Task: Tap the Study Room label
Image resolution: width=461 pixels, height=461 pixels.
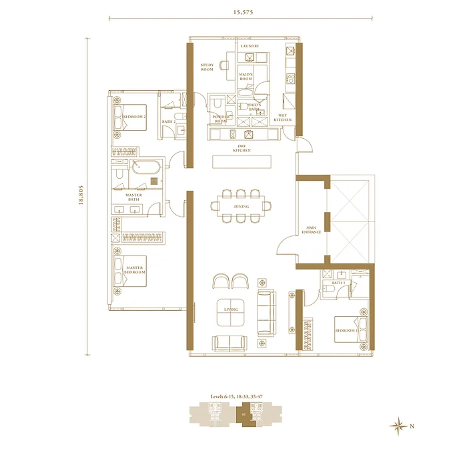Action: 207,67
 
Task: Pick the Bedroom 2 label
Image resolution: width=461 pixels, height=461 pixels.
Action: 134,117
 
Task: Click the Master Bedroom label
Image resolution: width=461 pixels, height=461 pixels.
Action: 135,271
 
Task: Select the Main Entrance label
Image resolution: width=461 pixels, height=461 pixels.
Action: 312,229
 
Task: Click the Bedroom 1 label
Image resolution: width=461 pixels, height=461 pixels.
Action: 346,331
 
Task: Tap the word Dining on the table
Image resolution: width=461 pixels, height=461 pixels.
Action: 242,207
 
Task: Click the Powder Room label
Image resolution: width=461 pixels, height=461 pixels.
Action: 221,119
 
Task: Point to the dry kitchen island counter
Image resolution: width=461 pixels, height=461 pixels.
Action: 241,162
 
